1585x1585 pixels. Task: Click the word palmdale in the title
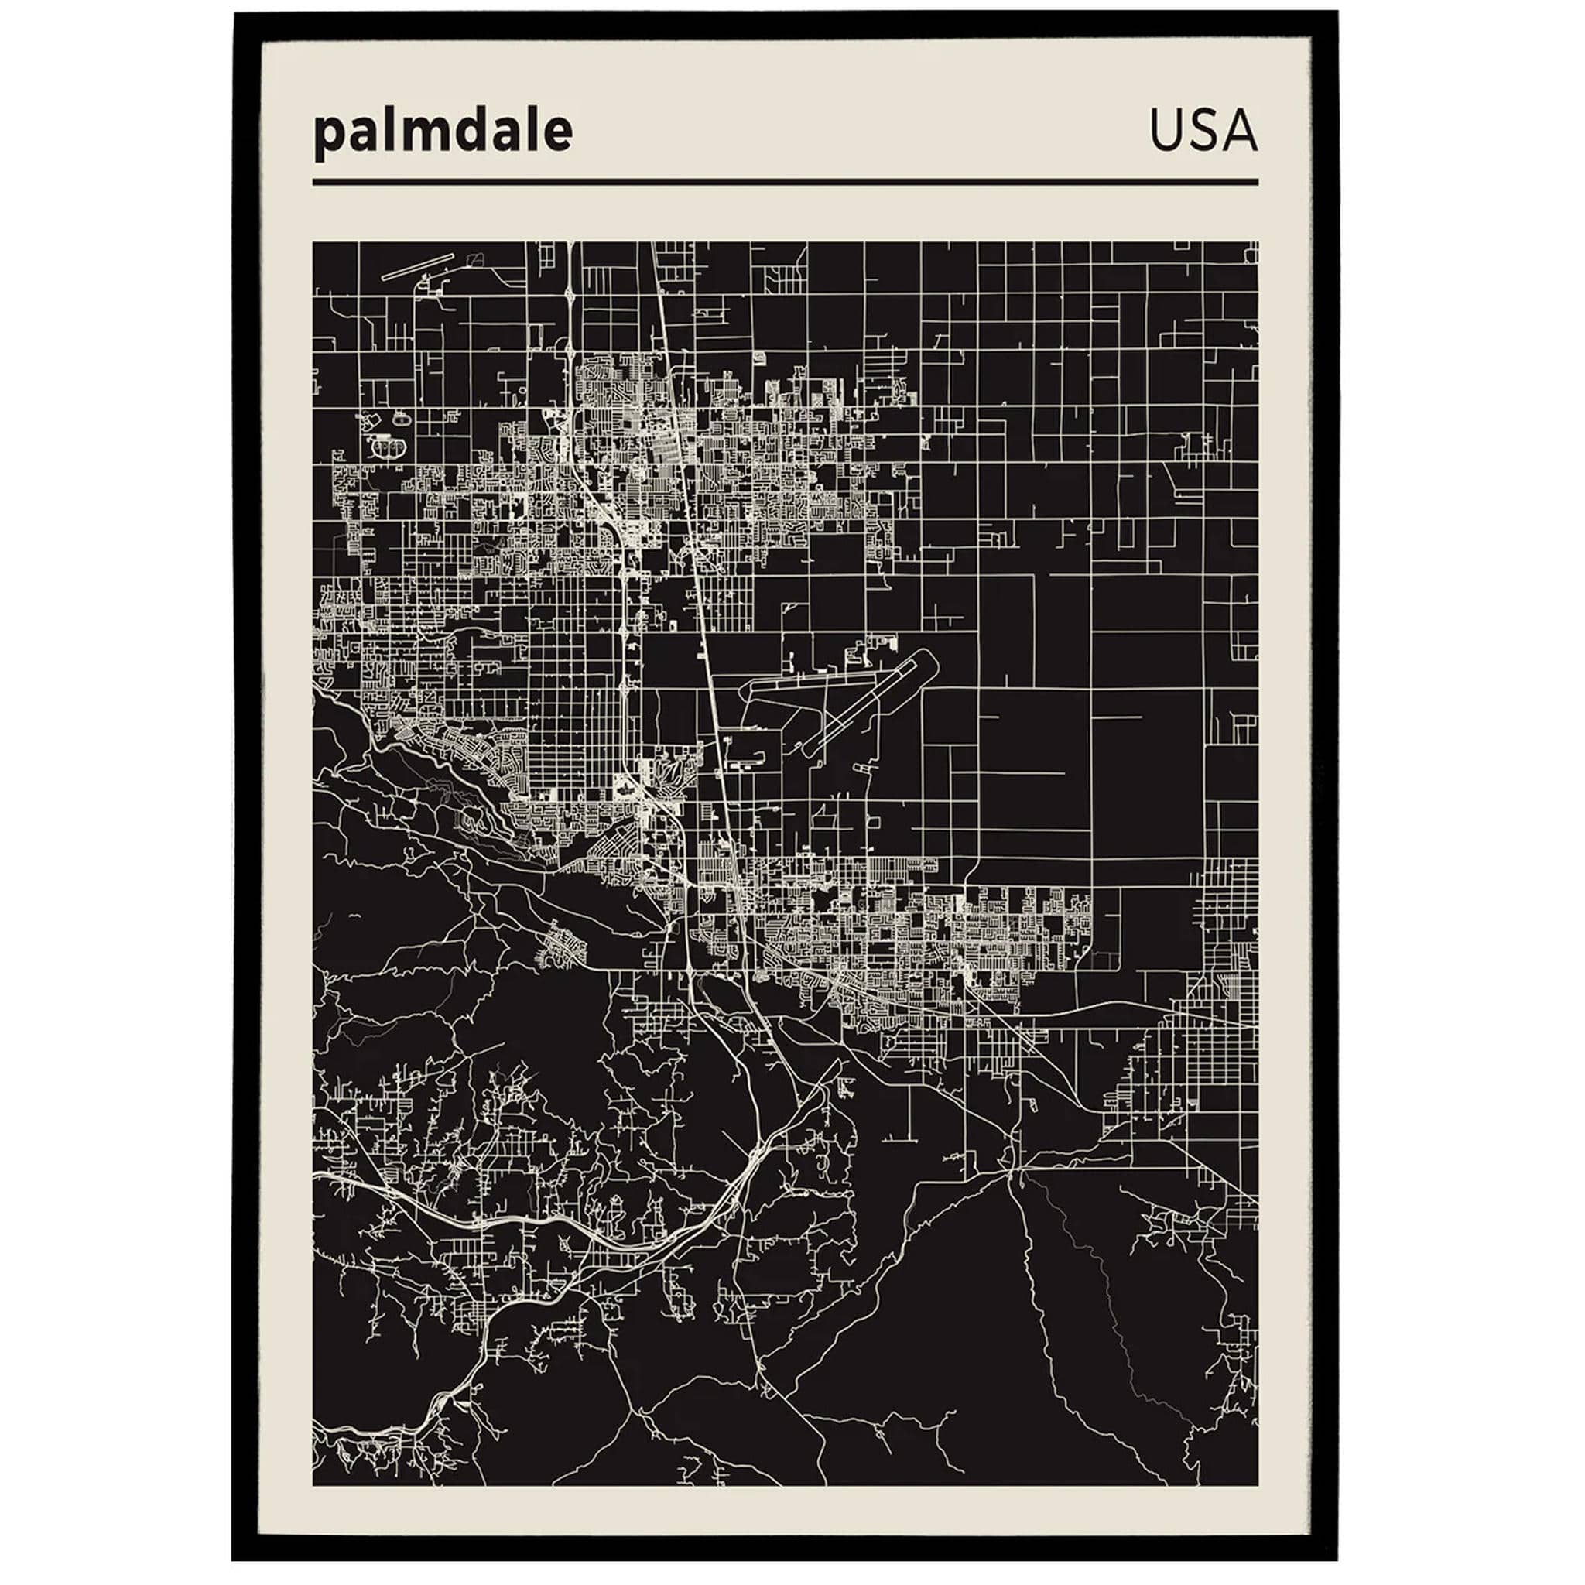[x=442, y=132]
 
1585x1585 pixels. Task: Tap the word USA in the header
[x=1203, y=131]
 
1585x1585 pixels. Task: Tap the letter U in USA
[x=1165, y=131]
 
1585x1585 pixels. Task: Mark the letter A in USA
[x=1240, y=131]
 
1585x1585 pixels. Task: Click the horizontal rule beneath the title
[x=784, y=182]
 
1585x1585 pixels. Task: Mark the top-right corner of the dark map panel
[x=1257, y=243]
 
